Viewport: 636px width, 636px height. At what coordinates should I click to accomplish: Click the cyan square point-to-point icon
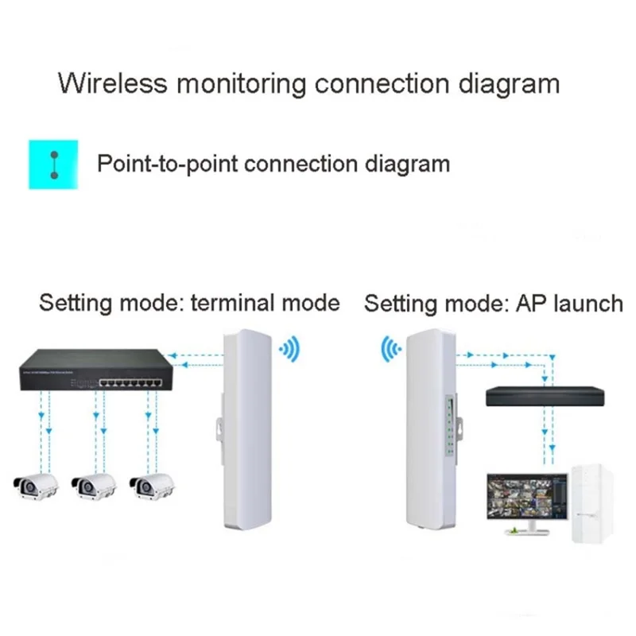pyautogui.click(x=53, y=165)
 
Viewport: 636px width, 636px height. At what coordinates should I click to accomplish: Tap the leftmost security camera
pyautogui.click(x=37, y=484)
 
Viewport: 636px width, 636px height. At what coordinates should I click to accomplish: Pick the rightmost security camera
pyautogui.click(x=152, y=484)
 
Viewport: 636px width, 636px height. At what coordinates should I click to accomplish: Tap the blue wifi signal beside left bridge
pyautogui.click(x=289, y=348)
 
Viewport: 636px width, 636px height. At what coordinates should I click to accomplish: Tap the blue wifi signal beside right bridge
pyautogui.click(x=390, y=348)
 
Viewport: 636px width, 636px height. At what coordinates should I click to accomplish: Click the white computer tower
pyautogui.click(x=592, y=505)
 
